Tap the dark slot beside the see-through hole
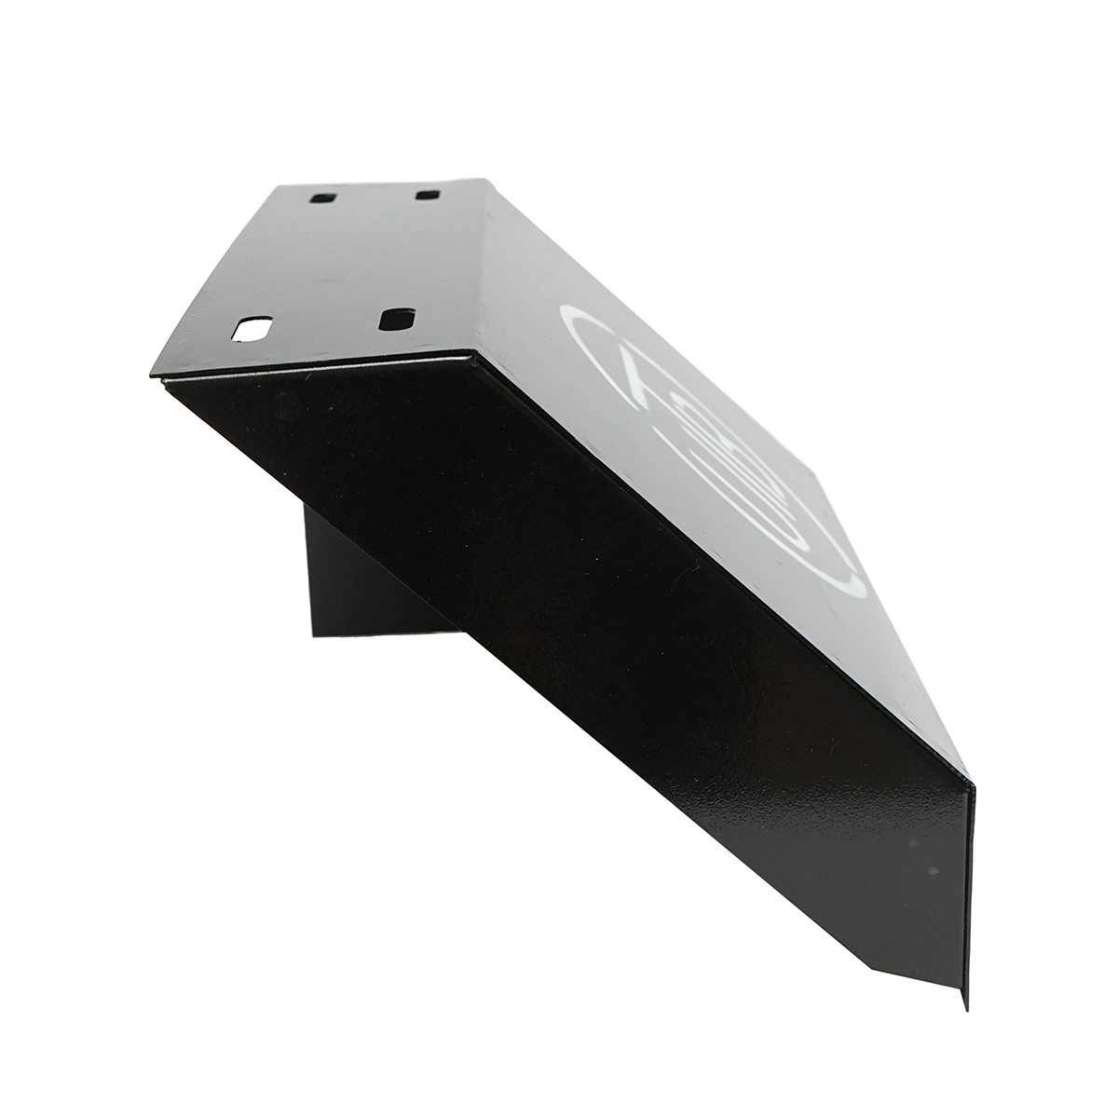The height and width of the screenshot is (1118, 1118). pos(396,318)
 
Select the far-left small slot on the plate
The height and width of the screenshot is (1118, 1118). pos(324,198)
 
